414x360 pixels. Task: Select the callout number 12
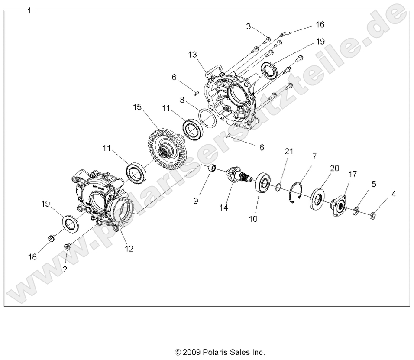click(x=129, y=249)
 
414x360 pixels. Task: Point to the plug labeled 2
click(x=68, y=246)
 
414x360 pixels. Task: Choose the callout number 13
click(x=193, y=55)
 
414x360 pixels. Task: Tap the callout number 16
click(x=320, y=24)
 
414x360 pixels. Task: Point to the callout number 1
click(x=29, y=10)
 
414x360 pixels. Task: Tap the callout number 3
click(x=249, y=26)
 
